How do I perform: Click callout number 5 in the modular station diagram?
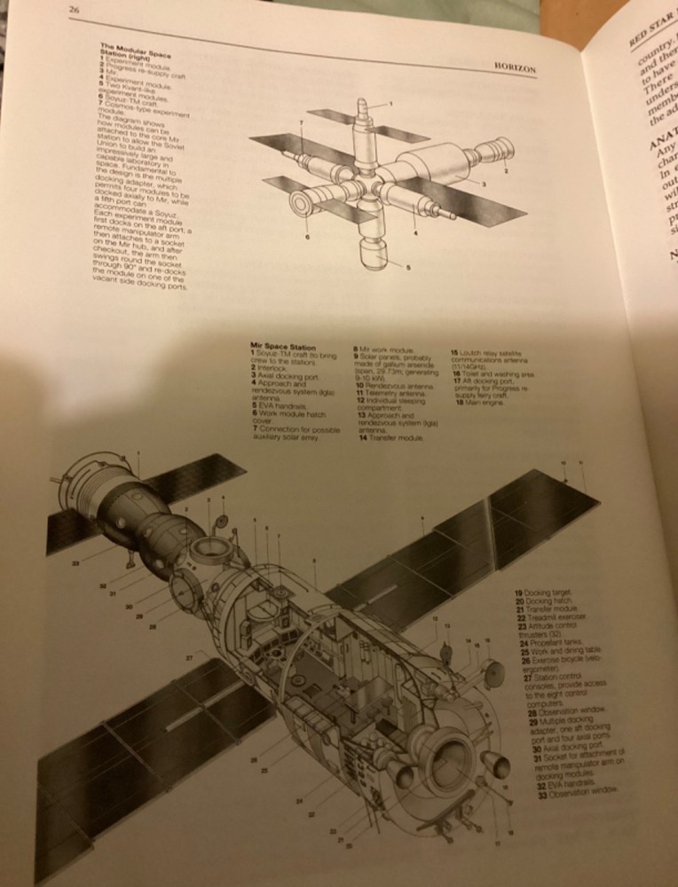coord(409,267)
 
